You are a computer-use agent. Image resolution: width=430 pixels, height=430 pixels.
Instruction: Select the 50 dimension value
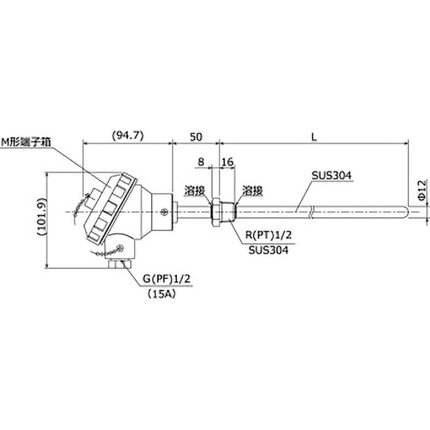[x=196, y=137]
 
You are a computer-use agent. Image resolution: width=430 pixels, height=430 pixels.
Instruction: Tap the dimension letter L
[x=315, y=137]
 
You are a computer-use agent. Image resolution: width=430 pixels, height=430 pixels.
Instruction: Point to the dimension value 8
[x=201, y=161]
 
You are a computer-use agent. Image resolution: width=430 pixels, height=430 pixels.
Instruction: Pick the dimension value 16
[x=227, y=161]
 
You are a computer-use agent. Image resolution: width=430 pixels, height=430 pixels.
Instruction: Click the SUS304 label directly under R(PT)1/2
[x=268, y=250]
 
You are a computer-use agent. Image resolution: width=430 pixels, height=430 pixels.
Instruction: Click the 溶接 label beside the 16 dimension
[x=252, y=190]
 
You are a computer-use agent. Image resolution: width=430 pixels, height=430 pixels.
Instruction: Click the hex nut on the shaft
[x=215, y=212]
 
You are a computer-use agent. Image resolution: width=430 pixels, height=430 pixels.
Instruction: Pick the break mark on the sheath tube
[x=311, y=212]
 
